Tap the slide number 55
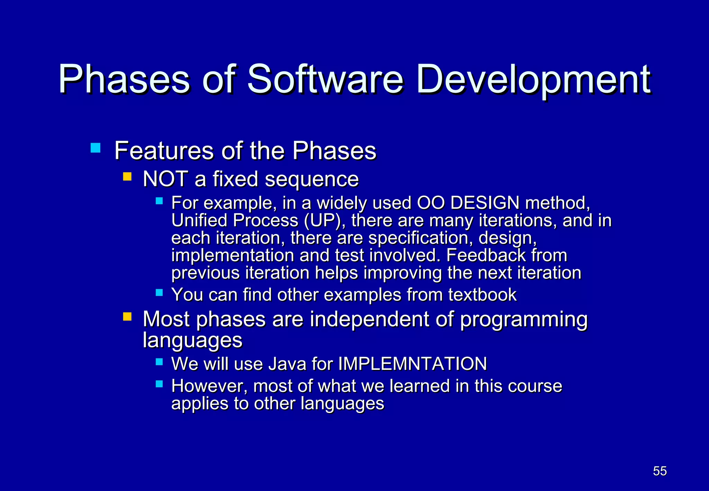click(x=659, y=471)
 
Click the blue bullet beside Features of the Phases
click(x=95, y=148)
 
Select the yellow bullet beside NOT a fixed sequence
click(x=127, y=177)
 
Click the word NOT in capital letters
click(x=165, y=179)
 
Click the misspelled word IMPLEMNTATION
click(x=412, y=364)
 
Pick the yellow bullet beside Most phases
click(x=127, y=316)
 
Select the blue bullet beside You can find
click(x=159, y=293)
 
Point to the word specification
click(x=420, y=238)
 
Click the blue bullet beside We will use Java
click(x=159, y=362)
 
